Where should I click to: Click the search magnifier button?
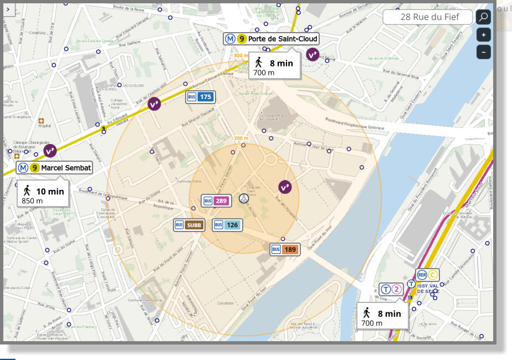[483, 17]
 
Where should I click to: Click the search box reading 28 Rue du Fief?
[428, 17]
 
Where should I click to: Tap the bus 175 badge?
[200, 97]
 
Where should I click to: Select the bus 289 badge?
[216, 200]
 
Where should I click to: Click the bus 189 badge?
[285, 249]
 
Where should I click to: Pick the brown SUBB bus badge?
[189, 225]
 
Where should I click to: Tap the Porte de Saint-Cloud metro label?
[272, 39]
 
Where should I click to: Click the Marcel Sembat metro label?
[54, 167]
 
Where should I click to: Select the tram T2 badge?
[391, 289]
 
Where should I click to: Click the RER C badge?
[427, 275]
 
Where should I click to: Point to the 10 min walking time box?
[43, 195]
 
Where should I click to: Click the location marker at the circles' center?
[243, 198]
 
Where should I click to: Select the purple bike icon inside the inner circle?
[285, 187]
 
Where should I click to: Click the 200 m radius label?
[242, 138]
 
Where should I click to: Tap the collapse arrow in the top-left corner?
[8, 9]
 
